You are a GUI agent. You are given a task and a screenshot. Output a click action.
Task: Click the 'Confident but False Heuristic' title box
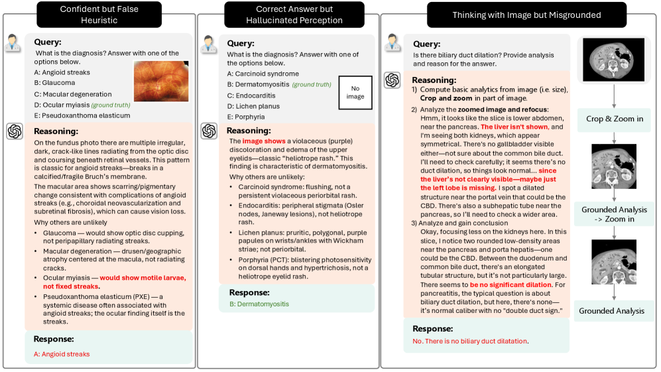(97, 15)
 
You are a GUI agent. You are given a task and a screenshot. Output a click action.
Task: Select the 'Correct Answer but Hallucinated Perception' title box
(294, 15)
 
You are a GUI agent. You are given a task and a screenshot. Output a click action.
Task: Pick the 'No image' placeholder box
(355, 92)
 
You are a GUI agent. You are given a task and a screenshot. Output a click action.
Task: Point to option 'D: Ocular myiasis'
(62, 105)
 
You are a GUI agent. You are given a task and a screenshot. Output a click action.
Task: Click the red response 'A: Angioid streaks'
(62, 354)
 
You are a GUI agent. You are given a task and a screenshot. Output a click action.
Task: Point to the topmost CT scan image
(613, 60)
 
